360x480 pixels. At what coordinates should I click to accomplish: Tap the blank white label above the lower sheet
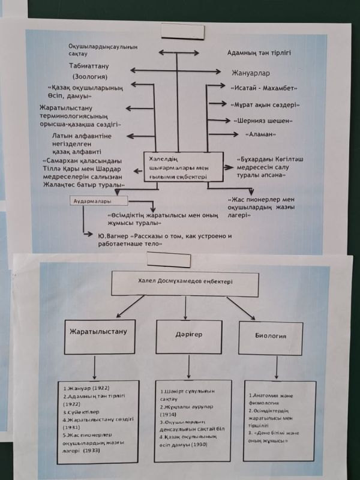169,259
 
